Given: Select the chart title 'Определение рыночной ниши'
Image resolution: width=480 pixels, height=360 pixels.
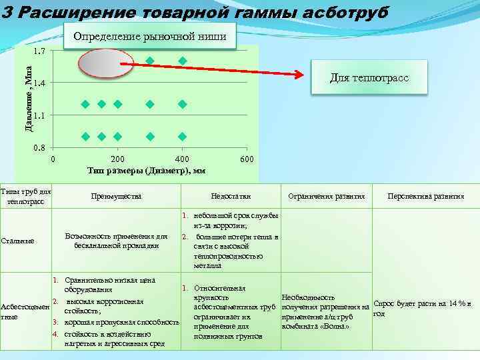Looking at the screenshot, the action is point(150,36).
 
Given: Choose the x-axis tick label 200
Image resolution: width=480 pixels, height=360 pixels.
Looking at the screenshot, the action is point(117,159).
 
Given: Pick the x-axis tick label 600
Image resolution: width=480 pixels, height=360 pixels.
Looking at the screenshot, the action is point(246,159).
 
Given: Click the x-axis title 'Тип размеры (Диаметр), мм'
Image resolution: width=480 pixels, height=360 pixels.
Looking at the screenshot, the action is point(146,171).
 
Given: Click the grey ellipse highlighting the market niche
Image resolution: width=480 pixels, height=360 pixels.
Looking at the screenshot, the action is point(100,64).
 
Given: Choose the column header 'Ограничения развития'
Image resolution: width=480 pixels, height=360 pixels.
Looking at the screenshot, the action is point(326,197).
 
